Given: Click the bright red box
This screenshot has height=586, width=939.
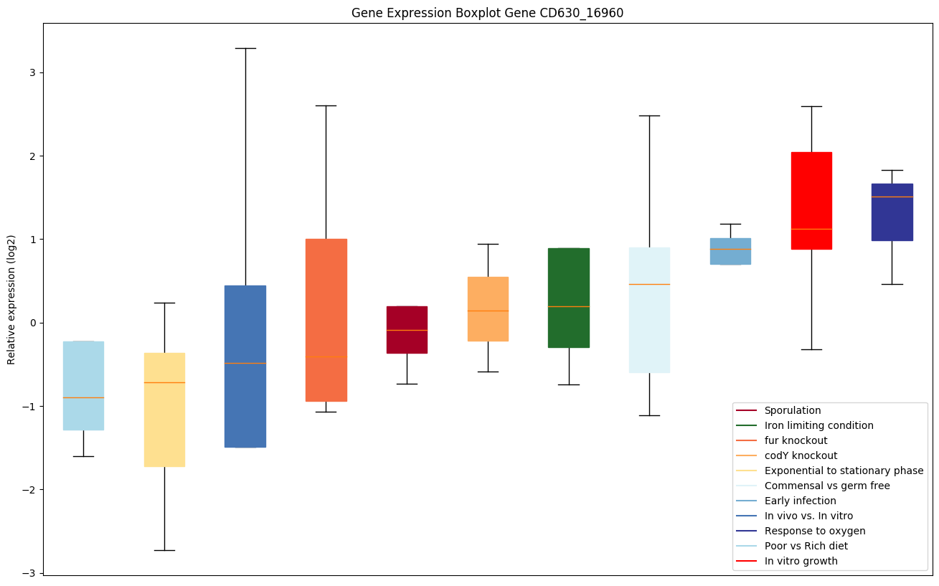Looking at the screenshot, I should coord(811,201).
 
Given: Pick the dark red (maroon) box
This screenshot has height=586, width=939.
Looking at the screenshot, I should coord(407,329).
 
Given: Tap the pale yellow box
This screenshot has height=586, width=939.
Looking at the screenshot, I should coord(164,410).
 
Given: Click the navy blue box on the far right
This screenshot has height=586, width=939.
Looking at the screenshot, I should coord(892,212).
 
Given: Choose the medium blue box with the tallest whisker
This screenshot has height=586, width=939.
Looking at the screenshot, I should coord(245,366).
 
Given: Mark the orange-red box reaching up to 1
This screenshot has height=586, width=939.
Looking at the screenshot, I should coord(326,320).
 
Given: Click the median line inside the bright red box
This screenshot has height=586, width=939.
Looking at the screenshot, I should coord(811,229).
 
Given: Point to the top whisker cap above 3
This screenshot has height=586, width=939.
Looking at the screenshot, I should coord(245,48).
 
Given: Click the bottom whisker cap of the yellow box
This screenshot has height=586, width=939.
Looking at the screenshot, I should coord(164,550).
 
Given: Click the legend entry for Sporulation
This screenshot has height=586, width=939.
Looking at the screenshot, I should coord(793,410).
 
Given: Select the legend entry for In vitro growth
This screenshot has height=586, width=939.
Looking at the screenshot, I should coord(801,561).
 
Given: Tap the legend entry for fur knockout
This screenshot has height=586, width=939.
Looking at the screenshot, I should coord(796,440).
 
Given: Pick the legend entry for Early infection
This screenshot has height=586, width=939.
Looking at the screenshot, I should coord(800,501).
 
